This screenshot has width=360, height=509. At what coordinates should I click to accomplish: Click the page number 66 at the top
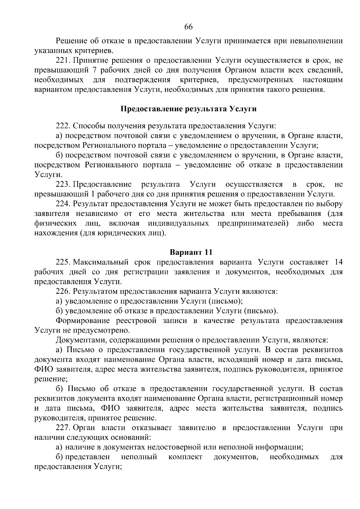point(188,27)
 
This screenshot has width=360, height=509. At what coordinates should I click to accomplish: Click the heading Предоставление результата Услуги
point(188,109)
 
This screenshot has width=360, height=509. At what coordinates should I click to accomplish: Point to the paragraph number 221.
point(63,61)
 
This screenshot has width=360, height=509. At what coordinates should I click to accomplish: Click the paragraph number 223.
point(63,184)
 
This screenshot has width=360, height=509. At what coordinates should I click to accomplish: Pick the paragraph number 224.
point(63,204)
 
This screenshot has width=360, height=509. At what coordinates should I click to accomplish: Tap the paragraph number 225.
point(63,262)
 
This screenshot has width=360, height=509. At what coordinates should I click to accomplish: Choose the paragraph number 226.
point(63,291)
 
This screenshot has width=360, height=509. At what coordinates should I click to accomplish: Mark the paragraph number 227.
point(63,428)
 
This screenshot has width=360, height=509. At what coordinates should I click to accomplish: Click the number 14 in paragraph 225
point(338,262)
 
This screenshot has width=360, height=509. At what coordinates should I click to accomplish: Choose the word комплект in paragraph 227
point(185,457)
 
